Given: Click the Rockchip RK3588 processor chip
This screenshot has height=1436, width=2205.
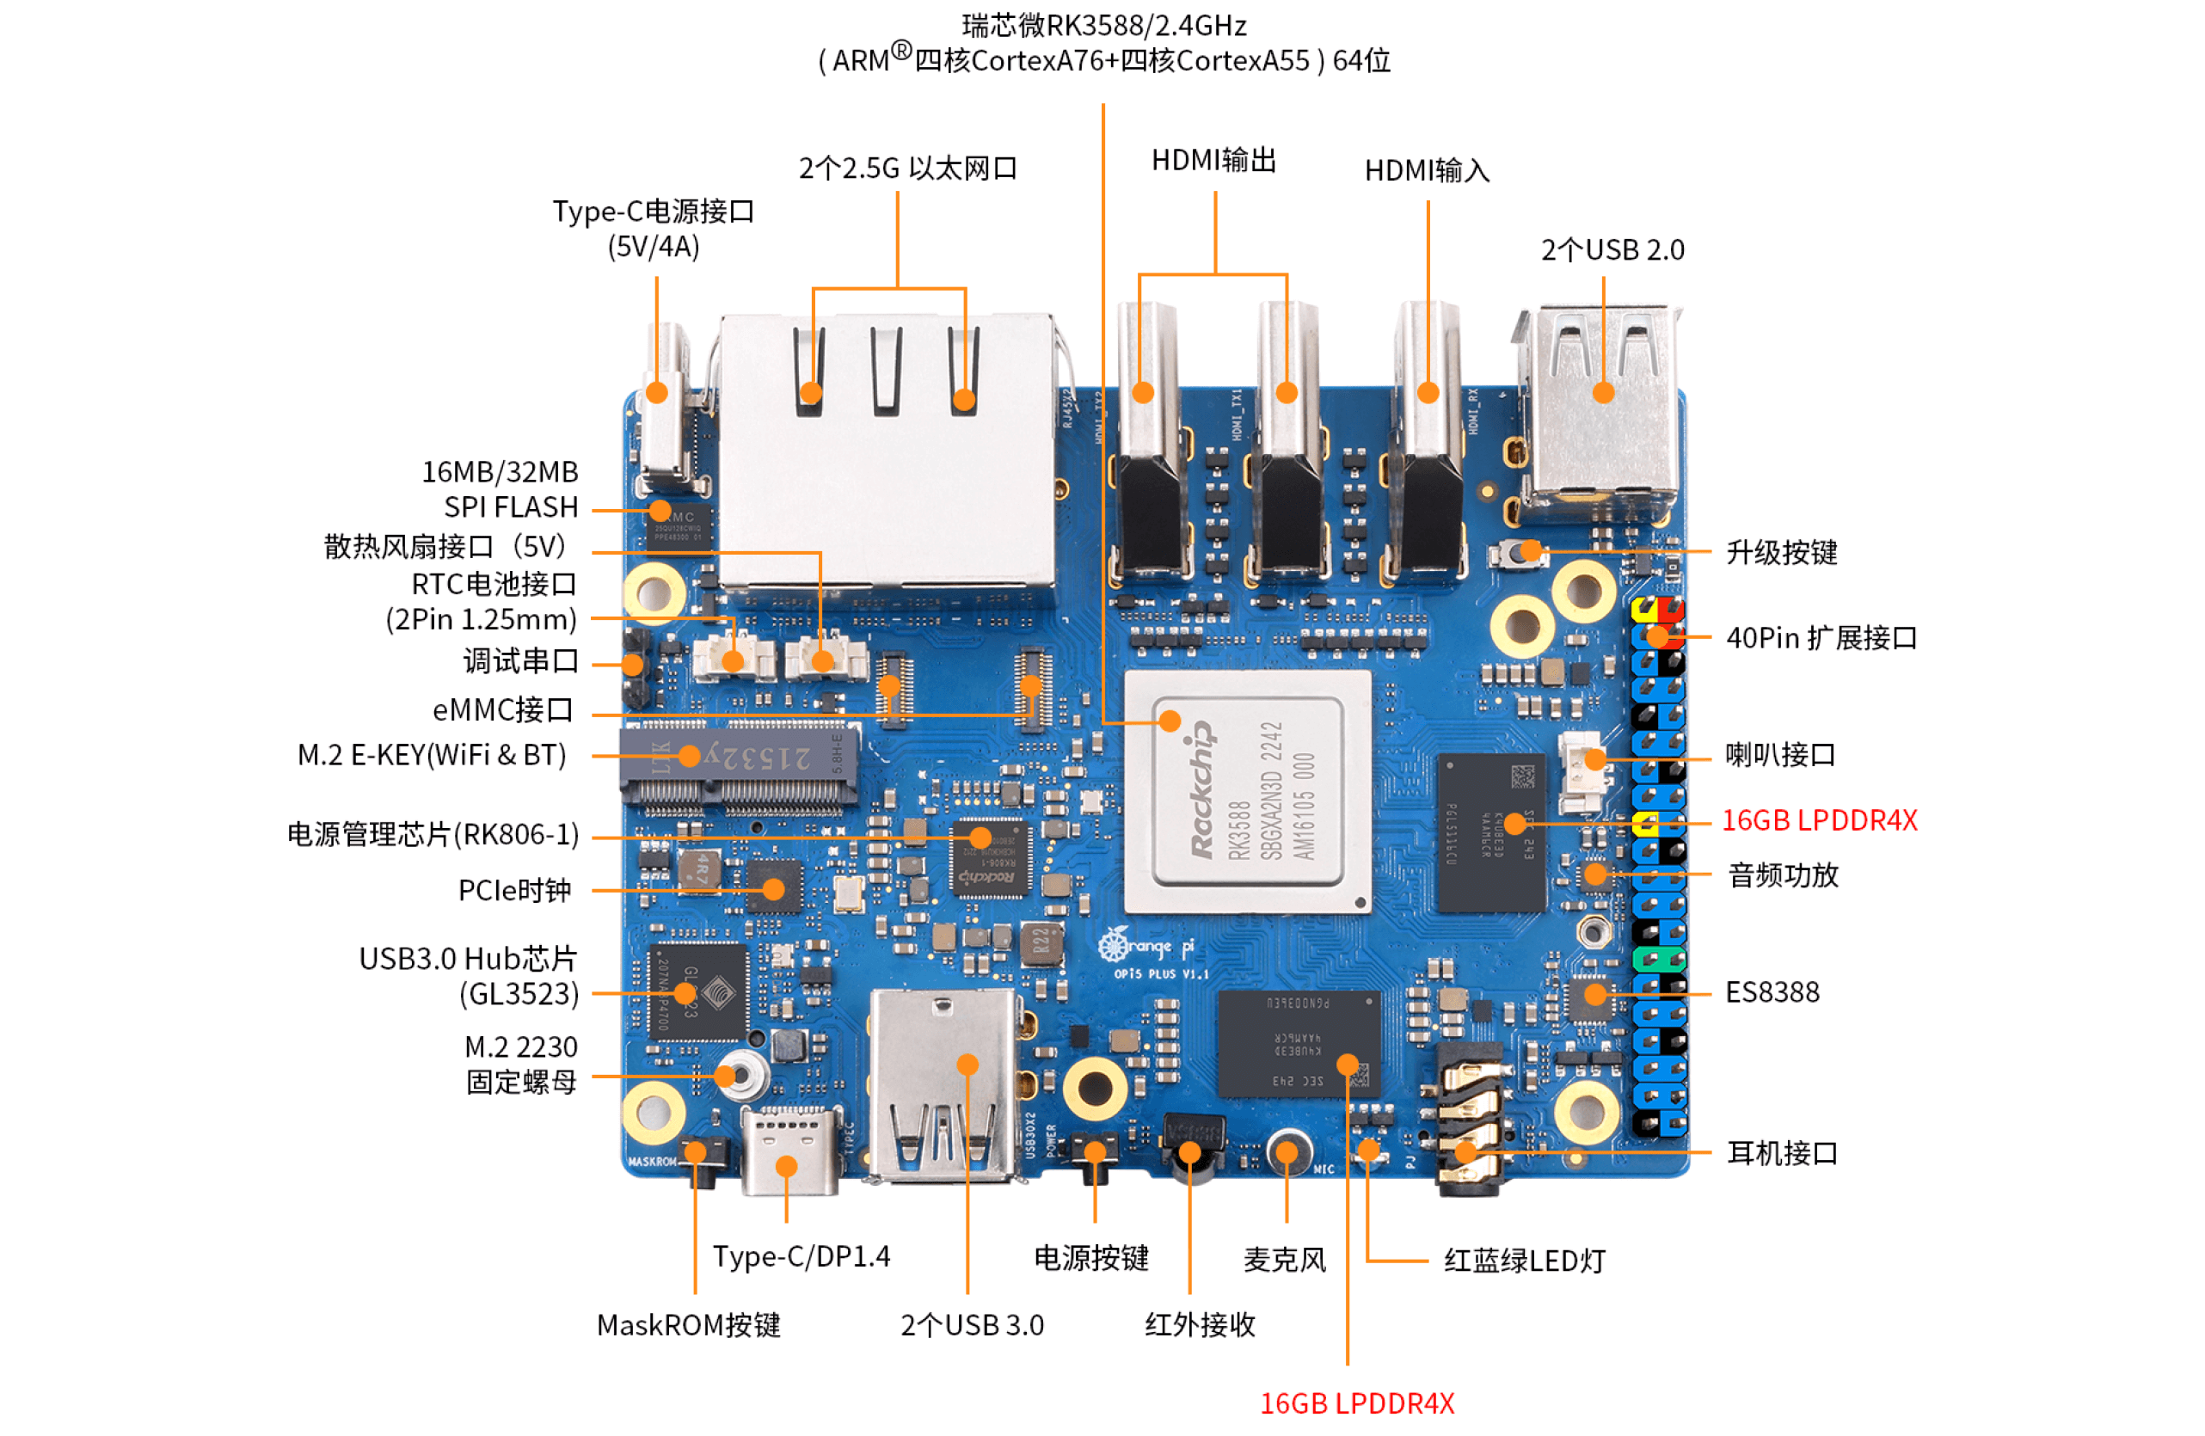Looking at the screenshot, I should (1247, 792).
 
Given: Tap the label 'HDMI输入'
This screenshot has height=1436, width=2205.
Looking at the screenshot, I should (1427, 171).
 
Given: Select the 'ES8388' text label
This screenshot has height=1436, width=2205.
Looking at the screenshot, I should (1772, 993).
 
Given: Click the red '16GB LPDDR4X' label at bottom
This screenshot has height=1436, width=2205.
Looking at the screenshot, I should (1356, 1403).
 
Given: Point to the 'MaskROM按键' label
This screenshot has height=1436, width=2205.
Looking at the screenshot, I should (688, 1326).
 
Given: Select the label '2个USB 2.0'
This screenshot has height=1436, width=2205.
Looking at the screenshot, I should (1612, 250).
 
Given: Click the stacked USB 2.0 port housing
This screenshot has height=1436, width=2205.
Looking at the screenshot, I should (1603, 408).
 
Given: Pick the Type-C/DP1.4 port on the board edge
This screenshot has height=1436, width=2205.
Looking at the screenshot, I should (788, 1153).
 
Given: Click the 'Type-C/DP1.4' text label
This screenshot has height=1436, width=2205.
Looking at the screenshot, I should (801, 1257).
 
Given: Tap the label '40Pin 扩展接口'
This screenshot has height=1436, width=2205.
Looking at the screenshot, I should (1821, 638).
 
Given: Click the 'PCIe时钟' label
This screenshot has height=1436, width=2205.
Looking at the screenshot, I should (514, 891).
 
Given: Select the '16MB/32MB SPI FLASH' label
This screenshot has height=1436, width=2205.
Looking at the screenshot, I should (501, 490).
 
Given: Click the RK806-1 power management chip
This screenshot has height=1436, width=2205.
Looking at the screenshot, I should (990, 857).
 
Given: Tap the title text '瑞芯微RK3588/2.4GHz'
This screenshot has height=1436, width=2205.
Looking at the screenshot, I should (1103, 25).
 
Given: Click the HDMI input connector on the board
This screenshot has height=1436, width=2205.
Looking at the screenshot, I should (1428, 445).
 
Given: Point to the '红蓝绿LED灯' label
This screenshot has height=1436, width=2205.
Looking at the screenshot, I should (1524, 1261).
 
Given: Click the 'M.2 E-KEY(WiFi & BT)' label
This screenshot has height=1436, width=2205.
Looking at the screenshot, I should (432, 756).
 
